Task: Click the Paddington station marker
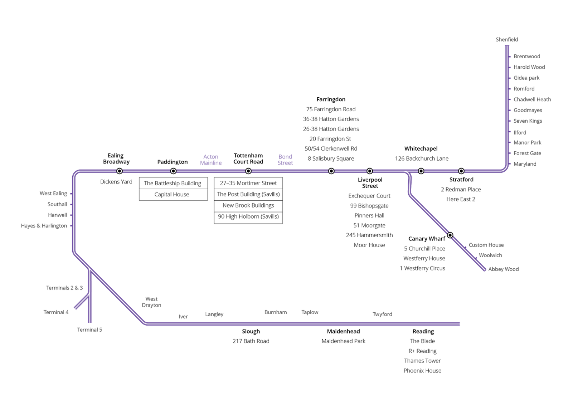pos(173,171)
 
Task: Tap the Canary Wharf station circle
pos(450,235)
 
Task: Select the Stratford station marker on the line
pos(461,171)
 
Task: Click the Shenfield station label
pos(507,39)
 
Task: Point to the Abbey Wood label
pos(503,269)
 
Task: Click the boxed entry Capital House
pos(172,194)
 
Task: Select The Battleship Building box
pos(173,183)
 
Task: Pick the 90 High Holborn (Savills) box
pos(248,216)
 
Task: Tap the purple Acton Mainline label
pos(211,160)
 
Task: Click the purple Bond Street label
pos(285,160)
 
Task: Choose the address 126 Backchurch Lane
pos(422,158)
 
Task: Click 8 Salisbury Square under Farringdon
pos(331,158)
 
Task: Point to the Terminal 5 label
pos(89,330)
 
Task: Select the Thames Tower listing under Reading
pos(422,361)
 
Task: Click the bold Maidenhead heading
pos(343,331)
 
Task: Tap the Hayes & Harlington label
pos(44,226)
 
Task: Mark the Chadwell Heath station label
pos(532,99)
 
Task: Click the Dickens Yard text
pos(116,182)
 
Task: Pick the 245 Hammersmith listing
pos(369,235)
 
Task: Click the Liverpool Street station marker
pos(370,171)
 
